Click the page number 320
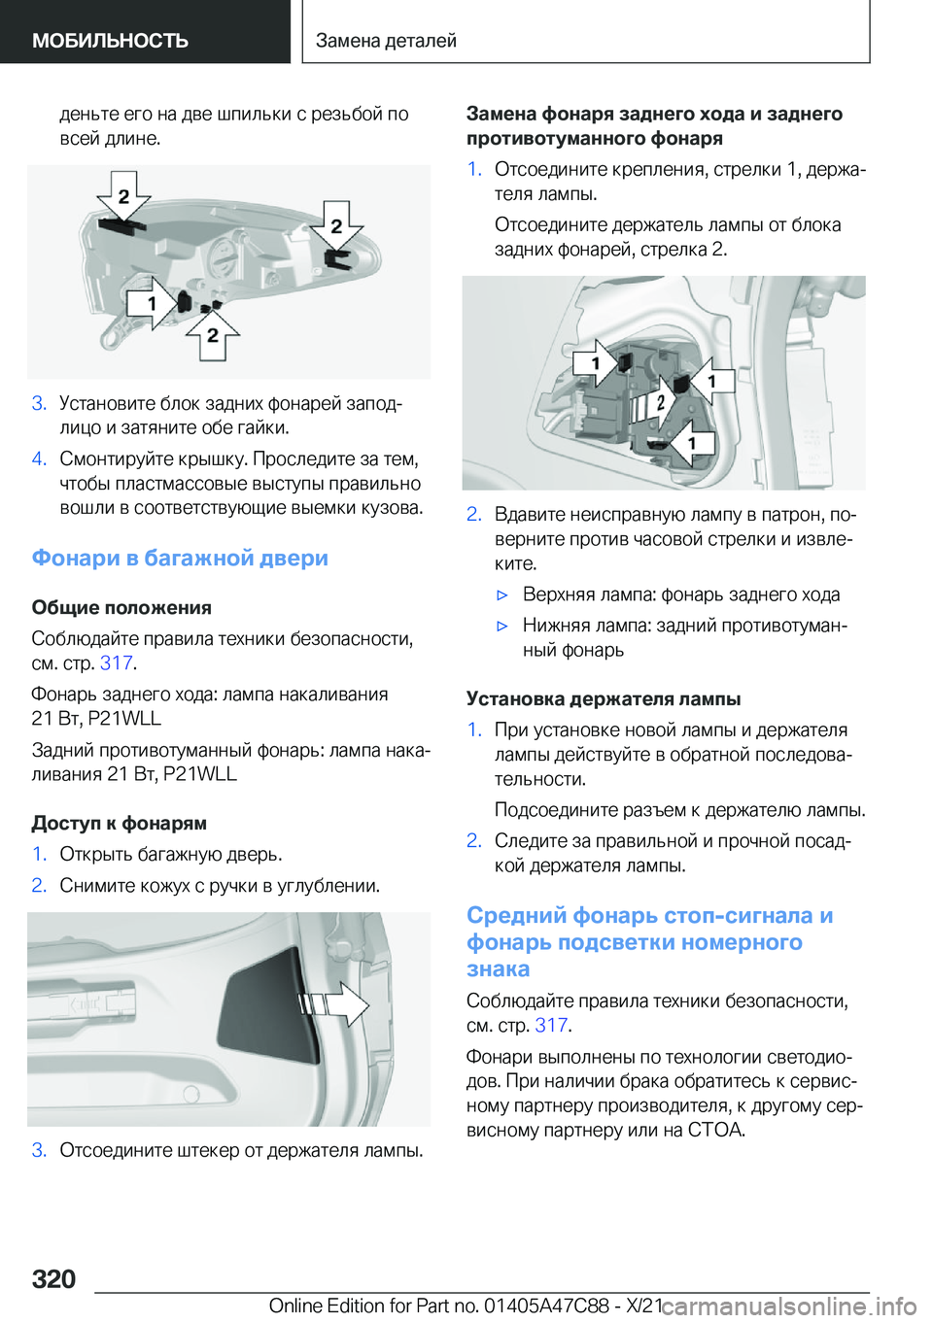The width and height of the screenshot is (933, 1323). [53, 1278]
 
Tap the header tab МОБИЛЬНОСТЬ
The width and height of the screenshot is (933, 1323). [110, 41]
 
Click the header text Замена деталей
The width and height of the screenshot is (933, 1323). [386, 41]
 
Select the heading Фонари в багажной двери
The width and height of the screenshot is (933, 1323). [180, 558]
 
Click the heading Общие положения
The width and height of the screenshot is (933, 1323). [121, 607]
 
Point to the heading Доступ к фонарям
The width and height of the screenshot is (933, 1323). [119, 823]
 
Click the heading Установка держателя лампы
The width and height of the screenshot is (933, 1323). [604, 698]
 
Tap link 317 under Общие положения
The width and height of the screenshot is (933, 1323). [116, 662]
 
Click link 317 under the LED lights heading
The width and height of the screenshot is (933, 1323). [551, 1025]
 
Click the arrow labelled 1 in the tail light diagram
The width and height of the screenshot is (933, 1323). [154, 304]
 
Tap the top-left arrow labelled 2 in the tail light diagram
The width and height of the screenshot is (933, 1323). [122, 196]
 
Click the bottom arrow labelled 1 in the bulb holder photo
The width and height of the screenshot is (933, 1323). [691, 443]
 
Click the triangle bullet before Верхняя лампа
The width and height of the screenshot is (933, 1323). [502, 594]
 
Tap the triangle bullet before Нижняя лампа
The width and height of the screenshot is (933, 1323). [502, 626]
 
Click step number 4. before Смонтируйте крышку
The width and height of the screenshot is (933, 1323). [39, 458]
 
